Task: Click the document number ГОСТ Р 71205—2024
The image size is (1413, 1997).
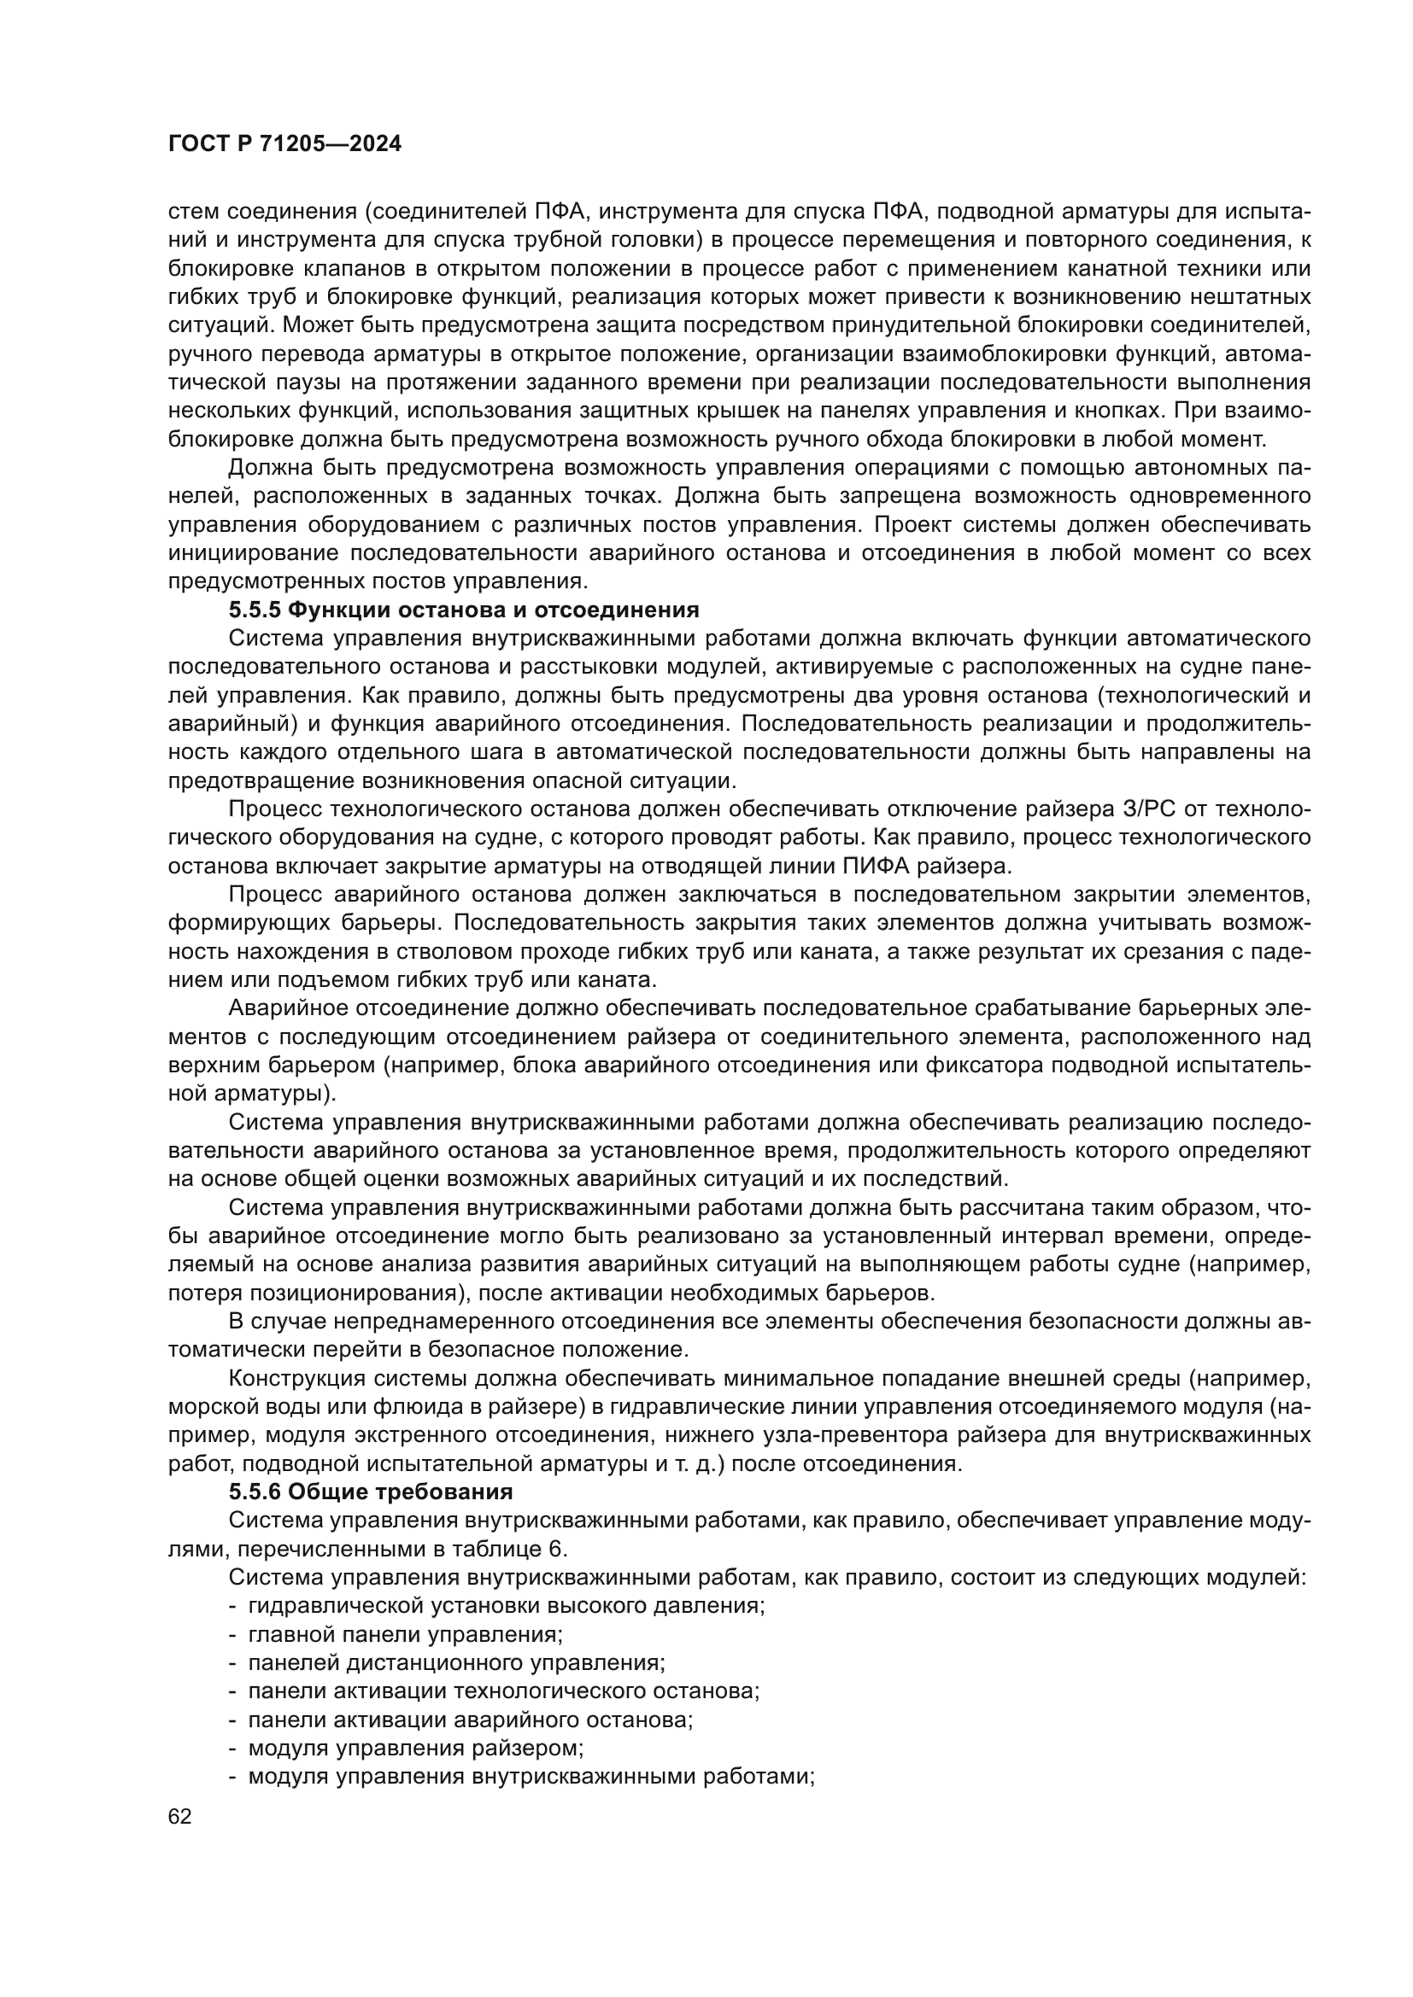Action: click(x=284, y=144)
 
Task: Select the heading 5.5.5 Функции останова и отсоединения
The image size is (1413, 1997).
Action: click(x=464, y=610)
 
